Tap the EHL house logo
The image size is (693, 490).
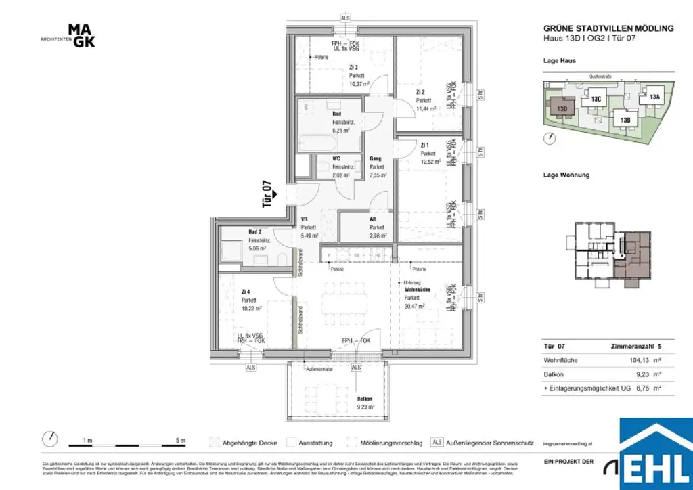click(655, 455)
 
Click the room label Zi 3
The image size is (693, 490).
click(353, 67)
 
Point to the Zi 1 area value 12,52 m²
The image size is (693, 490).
click(428, 161)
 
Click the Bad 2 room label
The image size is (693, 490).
click(255, 232)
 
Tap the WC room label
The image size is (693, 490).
click(336, 158)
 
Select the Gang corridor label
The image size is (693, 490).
click(376, 158)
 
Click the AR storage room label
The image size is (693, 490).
click(373, 219)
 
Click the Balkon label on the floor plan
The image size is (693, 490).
click(365, 399)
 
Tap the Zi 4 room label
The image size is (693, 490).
click(245, 292)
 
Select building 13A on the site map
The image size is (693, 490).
click(654, 96)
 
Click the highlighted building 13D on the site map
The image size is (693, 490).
click(561, 108)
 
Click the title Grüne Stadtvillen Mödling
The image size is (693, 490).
click(608, 28)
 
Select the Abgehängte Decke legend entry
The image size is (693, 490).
click(250, 443)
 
